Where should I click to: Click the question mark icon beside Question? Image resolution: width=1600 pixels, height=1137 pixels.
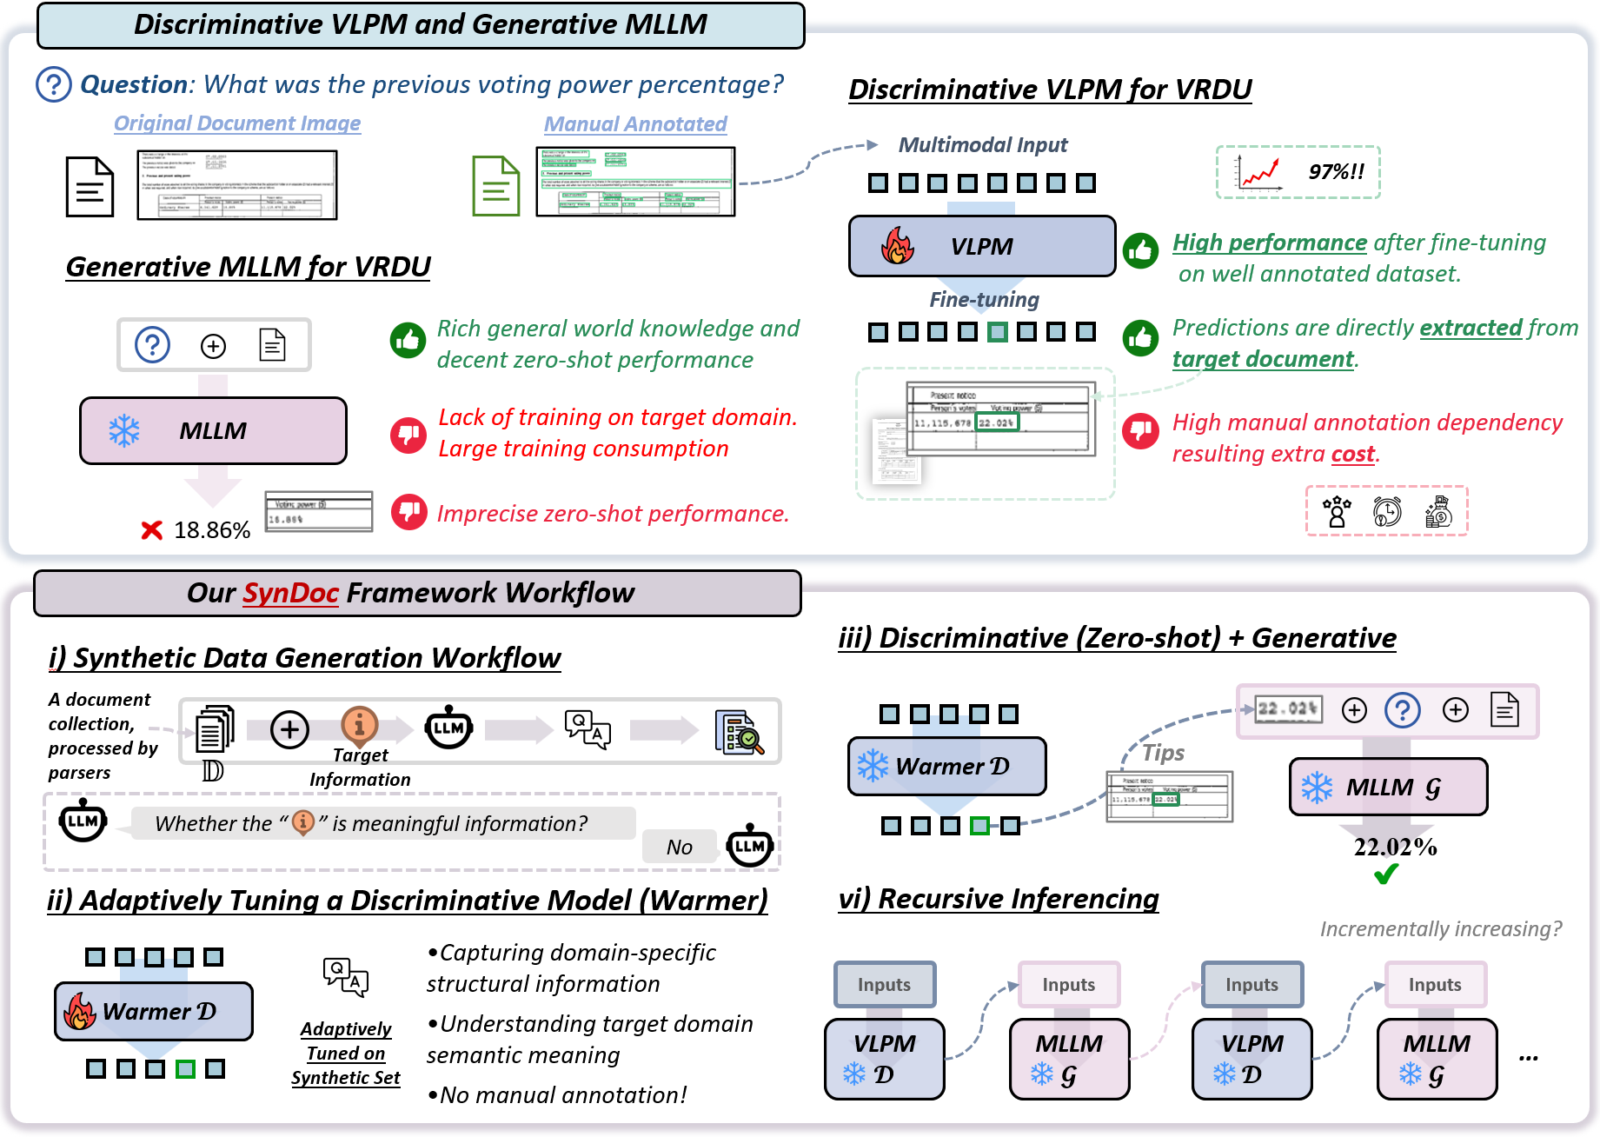pyautogui.click(x=54, y=84)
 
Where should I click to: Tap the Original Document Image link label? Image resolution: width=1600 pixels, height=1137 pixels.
pyautogui.click(x=237, y=123)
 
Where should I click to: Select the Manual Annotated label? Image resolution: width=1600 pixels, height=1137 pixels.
pyautogui.click(x=635, y=124)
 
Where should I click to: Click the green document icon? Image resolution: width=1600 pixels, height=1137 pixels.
pyautogui.click(x=495, y=186)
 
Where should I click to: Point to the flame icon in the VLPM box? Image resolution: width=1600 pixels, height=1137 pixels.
pyautogui.click(x=898, y=246)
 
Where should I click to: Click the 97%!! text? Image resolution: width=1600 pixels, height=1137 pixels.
pyautogui.click(x=1336, y=172)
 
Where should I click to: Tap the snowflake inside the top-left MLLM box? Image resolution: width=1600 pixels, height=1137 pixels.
pyautogui.click(x=124, y=431)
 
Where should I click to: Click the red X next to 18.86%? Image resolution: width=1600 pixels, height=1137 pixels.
pyautogui.click(x=152, y=529)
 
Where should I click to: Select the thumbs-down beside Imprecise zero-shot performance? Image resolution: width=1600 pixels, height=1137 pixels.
pyautogui.click(x=408, y=512)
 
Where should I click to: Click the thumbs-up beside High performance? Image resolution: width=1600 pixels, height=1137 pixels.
pyautogui.click(x=1140, y=251)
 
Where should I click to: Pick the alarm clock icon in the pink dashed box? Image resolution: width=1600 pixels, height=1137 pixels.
pyautogui.click(x=1387, y=512)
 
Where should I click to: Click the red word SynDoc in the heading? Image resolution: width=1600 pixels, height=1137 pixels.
pyautogui.click(x=290, y=593)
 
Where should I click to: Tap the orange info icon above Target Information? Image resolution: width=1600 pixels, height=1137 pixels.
pyautogui.click(x=359, y=723)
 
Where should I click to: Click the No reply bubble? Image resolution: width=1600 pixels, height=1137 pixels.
pyautogui.click(x=680, y=847)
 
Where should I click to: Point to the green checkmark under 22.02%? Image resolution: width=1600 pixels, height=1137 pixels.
pyautogui.click(x=1387, y=874)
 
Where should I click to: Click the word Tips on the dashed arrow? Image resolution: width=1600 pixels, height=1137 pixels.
pyautogui.click(x=1163, y=753)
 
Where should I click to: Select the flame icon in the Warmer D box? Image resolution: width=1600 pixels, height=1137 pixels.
pyautogui.click(x=80, y=1011)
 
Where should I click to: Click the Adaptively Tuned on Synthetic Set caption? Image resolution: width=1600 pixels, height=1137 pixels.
pyautogui.click(x=346, y=1054)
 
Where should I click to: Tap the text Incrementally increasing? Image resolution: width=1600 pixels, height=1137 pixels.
pyautogui.click(x=1440, y=929)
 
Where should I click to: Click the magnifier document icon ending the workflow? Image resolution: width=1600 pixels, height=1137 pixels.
pyautogui.click(x=739, y=732)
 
